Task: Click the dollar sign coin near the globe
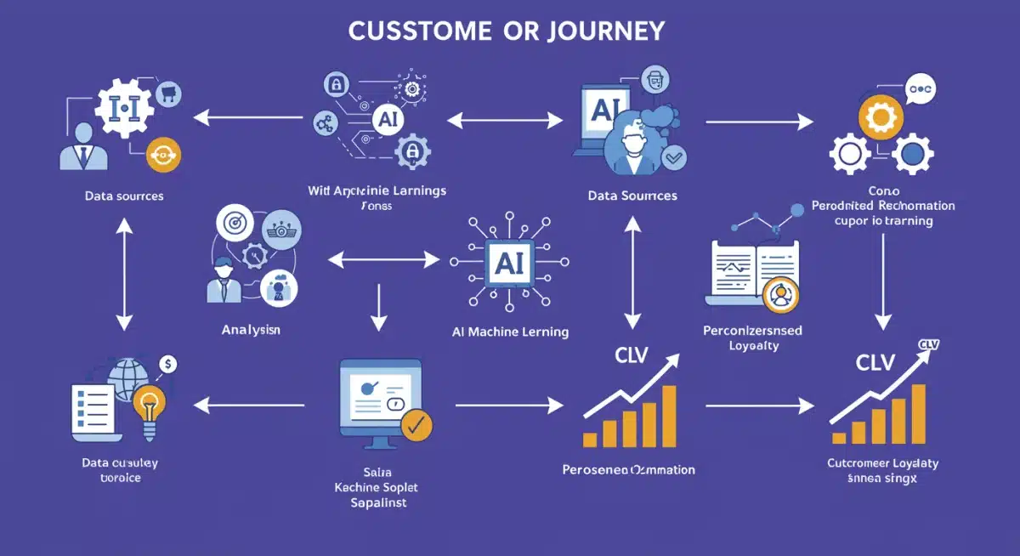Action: tap(168, 365)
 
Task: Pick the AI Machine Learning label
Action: tap(510, 332)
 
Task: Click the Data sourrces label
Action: tap(124, 196)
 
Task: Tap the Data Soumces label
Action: tap(632, 196)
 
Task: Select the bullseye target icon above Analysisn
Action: tap(232, 224)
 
